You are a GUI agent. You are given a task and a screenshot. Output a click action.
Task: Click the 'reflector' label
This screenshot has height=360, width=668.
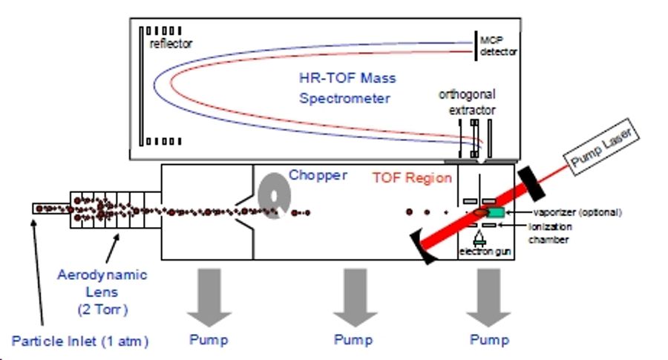click(171, 44)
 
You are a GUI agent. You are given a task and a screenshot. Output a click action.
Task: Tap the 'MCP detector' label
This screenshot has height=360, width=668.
click(497, 45)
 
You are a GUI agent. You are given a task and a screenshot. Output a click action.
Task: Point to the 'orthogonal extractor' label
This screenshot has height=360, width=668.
click(467, 102)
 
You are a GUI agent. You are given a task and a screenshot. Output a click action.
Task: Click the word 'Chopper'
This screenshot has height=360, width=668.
click(318, 175)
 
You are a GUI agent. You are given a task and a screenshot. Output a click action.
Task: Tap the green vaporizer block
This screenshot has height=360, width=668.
click(495, 214)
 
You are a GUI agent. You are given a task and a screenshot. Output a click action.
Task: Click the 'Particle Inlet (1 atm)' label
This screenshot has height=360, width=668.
click(81, 341)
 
